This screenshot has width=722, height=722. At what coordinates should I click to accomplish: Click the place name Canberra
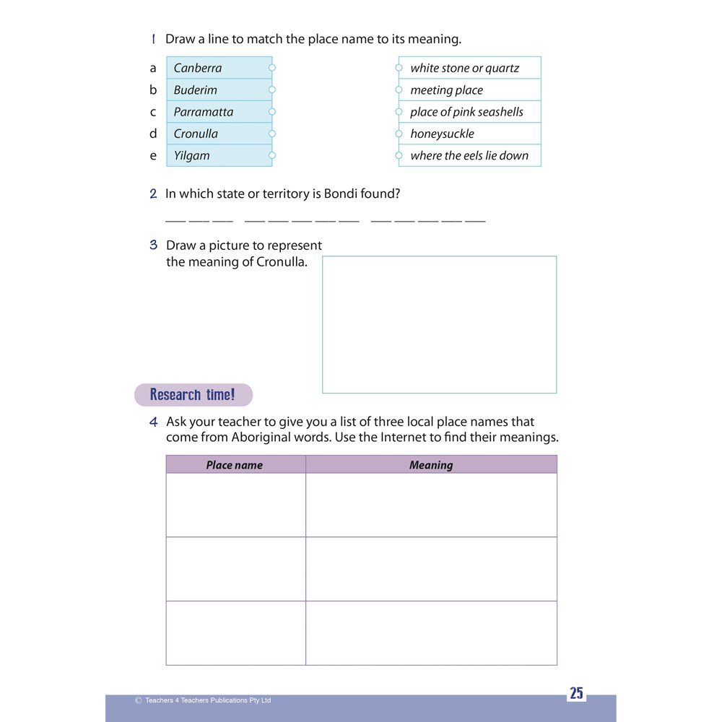click(x=198, y=69)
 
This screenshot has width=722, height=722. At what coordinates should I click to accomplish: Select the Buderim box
click(x=196, y=90)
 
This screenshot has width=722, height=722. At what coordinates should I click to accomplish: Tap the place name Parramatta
click(x=204, y=112)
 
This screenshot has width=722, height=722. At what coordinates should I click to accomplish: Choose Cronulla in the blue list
click(x=196, y=134)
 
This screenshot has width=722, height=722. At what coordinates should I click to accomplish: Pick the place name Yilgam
click(x=192, y=155)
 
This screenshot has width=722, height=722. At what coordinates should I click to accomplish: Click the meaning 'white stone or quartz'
click(x=464, y=69)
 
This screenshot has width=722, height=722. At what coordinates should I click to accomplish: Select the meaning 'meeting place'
click(x=446, y=90)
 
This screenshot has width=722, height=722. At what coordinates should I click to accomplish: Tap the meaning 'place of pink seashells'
click(x=466, y=112)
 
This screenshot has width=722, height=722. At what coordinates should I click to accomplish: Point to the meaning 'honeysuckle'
click(x=442, y=134)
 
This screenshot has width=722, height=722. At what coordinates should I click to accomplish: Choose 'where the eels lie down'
click(x=469, y=155)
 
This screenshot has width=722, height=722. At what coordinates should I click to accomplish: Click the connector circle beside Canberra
click(x=272, y=68)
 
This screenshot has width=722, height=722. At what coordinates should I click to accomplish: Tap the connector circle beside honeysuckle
click(x=399, y=133)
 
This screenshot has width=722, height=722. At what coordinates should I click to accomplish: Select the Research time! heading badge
click(x=193, y=395)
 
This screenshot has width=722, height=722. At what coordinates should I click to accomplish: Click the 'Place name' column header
click(x=235, y=465)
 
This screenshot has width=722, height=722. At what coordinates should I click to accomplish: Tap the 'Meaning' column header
click(x=431, y=465)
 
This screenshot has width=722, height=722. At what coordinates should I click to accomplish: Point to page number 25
click(x=576, y=694)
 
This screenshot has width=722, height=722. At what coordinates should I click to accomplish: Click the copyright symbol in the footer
click(x=138, y=700)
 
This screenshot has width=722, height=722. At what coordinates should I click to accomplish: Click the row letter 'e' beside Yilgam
click(x=153, y=155)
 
